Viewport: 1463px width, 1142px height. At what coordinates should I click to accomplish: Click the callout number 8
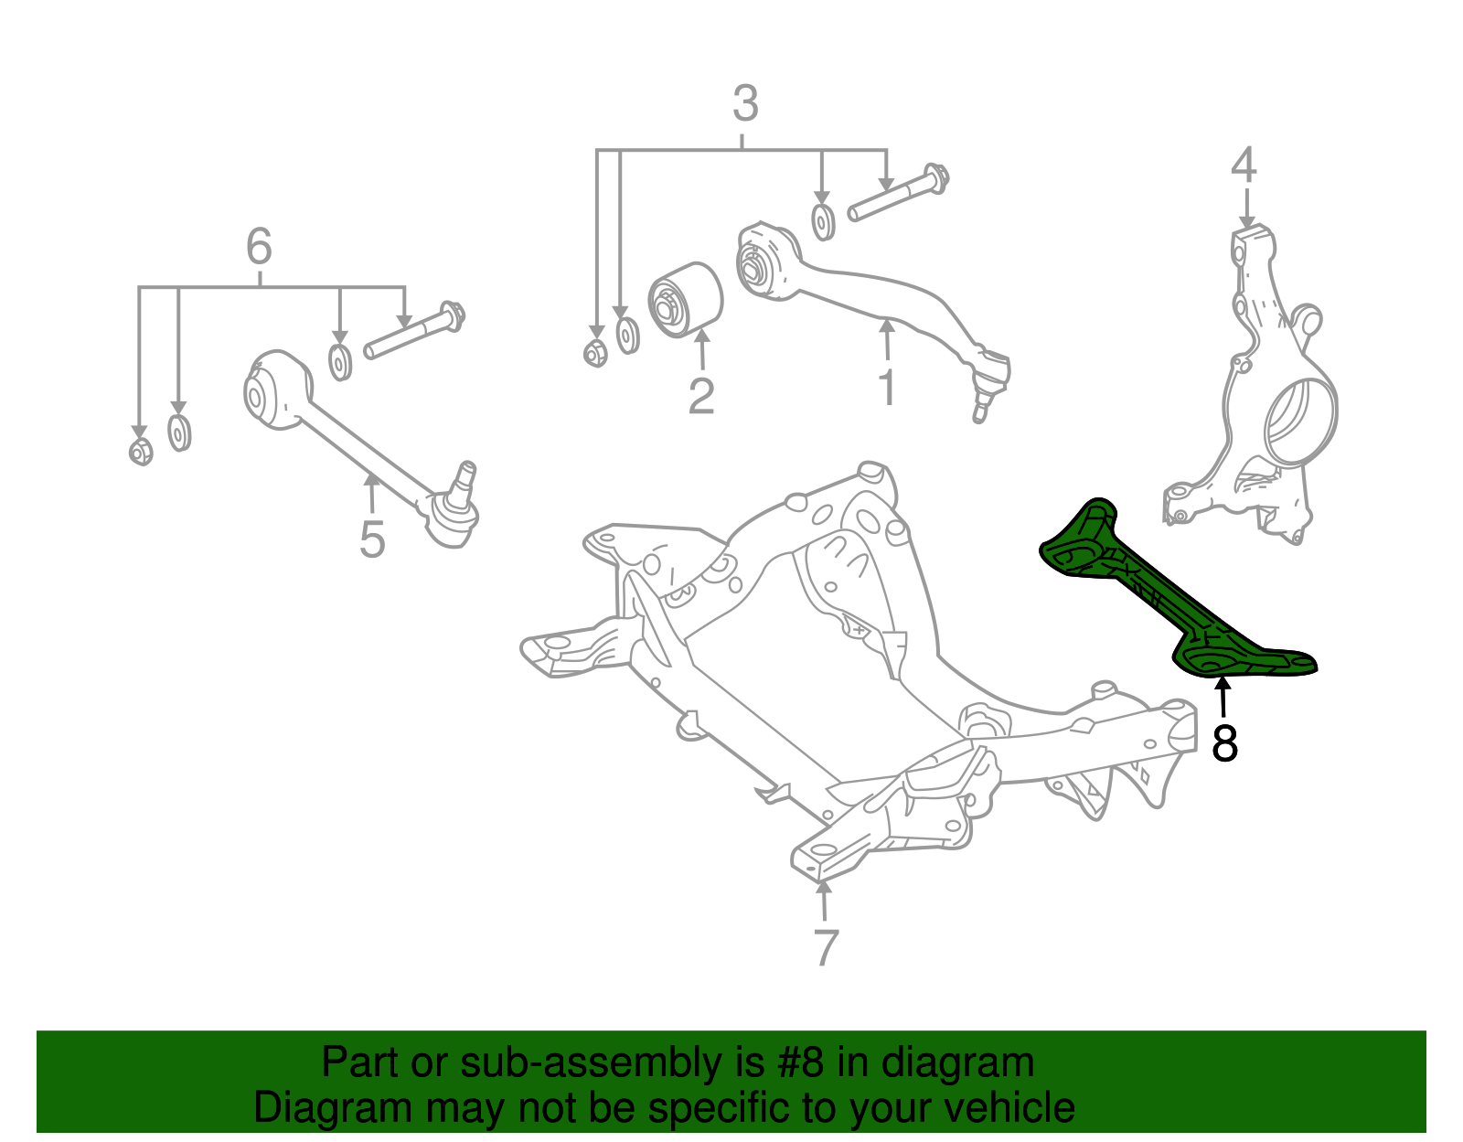point(1224,743)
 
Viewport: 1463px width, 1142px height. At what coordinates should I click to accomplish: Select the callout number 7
point(825,948)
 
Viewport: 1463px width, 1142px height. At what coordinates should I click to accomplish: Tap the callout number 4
point(1244,165)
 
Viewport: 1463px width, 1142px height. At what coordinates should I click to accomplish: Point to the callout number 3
point(745,104)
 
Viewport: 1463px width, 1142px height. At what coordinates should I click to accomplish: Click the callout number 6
point(259,247)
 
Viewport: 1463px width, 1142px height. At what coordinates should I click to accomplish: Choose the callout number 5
point(372,539)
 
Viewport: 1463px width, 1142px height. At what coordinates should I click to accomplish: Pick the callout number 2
point(701,396)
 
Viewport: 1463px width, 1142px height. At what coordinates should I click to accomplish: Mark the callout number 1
point(887,387)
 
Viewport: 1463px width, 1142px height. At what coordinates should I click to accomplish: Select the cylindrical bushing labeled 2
point(686,300)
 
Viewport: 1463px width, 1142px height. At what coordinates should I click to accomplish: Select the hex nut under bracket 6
point(141,451)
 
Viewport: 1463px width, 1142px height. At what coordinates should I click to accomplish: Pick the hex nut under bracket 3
point(595,352)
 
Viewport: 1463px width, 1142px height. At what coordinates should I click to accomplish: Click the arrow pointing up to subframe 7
point(824,901)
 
